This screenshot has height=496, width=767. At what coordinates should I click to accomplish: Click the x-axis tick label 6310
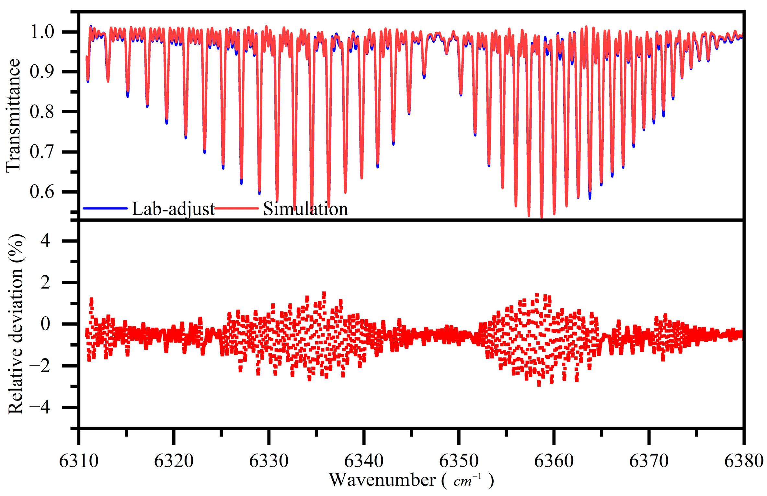pyautogui.click(x=79, y=461)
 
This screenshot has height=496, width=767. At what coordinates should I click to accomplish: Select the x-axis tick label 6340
pyautogui.click(x=364, y=461)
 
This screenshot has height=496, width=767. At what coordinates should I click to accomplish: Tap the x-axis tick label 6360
pyautogui.click(x=554, y=461)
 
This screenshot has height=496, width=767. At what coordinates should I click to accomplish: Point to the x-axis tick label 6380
pyautogui.click(x=744, y=461)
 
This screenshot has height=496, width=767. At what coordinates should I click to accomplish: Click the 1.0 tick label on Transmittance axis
pyautogui.click(x=42, y=32)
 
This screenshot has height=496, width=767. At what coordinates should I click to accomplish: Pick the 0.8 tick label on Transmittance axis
pyautogui.click(x=42, y=112)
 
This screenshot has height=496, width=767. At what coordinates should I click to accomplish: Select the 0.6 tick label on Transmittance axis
pyautogui.click(x=42, y=192)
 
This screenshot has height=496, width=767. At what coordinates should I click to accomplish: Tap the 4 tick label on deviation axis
pyautogui.click(x=45, y=241)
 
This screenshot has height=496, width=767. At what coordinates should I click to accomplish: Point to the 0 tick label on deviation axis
pyautogui.click(x=45, y=324)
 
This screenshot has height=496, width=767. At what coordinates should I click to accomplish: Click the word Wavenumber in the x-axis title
pyautogui.click(x=382, y=480)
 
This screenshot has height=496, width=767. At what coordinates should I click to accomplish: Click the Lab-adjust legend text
pyautogui.click(x=173, y=209)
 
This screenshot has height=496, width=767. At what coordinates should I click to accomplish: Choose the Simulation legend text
pyautogui.click(x=305, y=209)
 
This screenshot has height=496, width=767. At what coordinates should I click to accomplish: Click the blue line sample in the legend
pyautogui.click(x=105, y=208)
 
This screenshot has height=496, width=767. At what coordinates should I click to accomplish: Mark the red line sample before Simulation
pyautogui.click(x=236, y=208)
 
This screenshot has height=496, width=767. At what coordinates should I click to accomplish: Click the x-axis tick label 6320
pyautogui.click(x=174, y=461)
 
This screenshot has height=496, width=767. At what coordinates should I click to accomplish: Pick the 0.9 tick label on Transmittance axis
pyautogui.click(x=42, y=72)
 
